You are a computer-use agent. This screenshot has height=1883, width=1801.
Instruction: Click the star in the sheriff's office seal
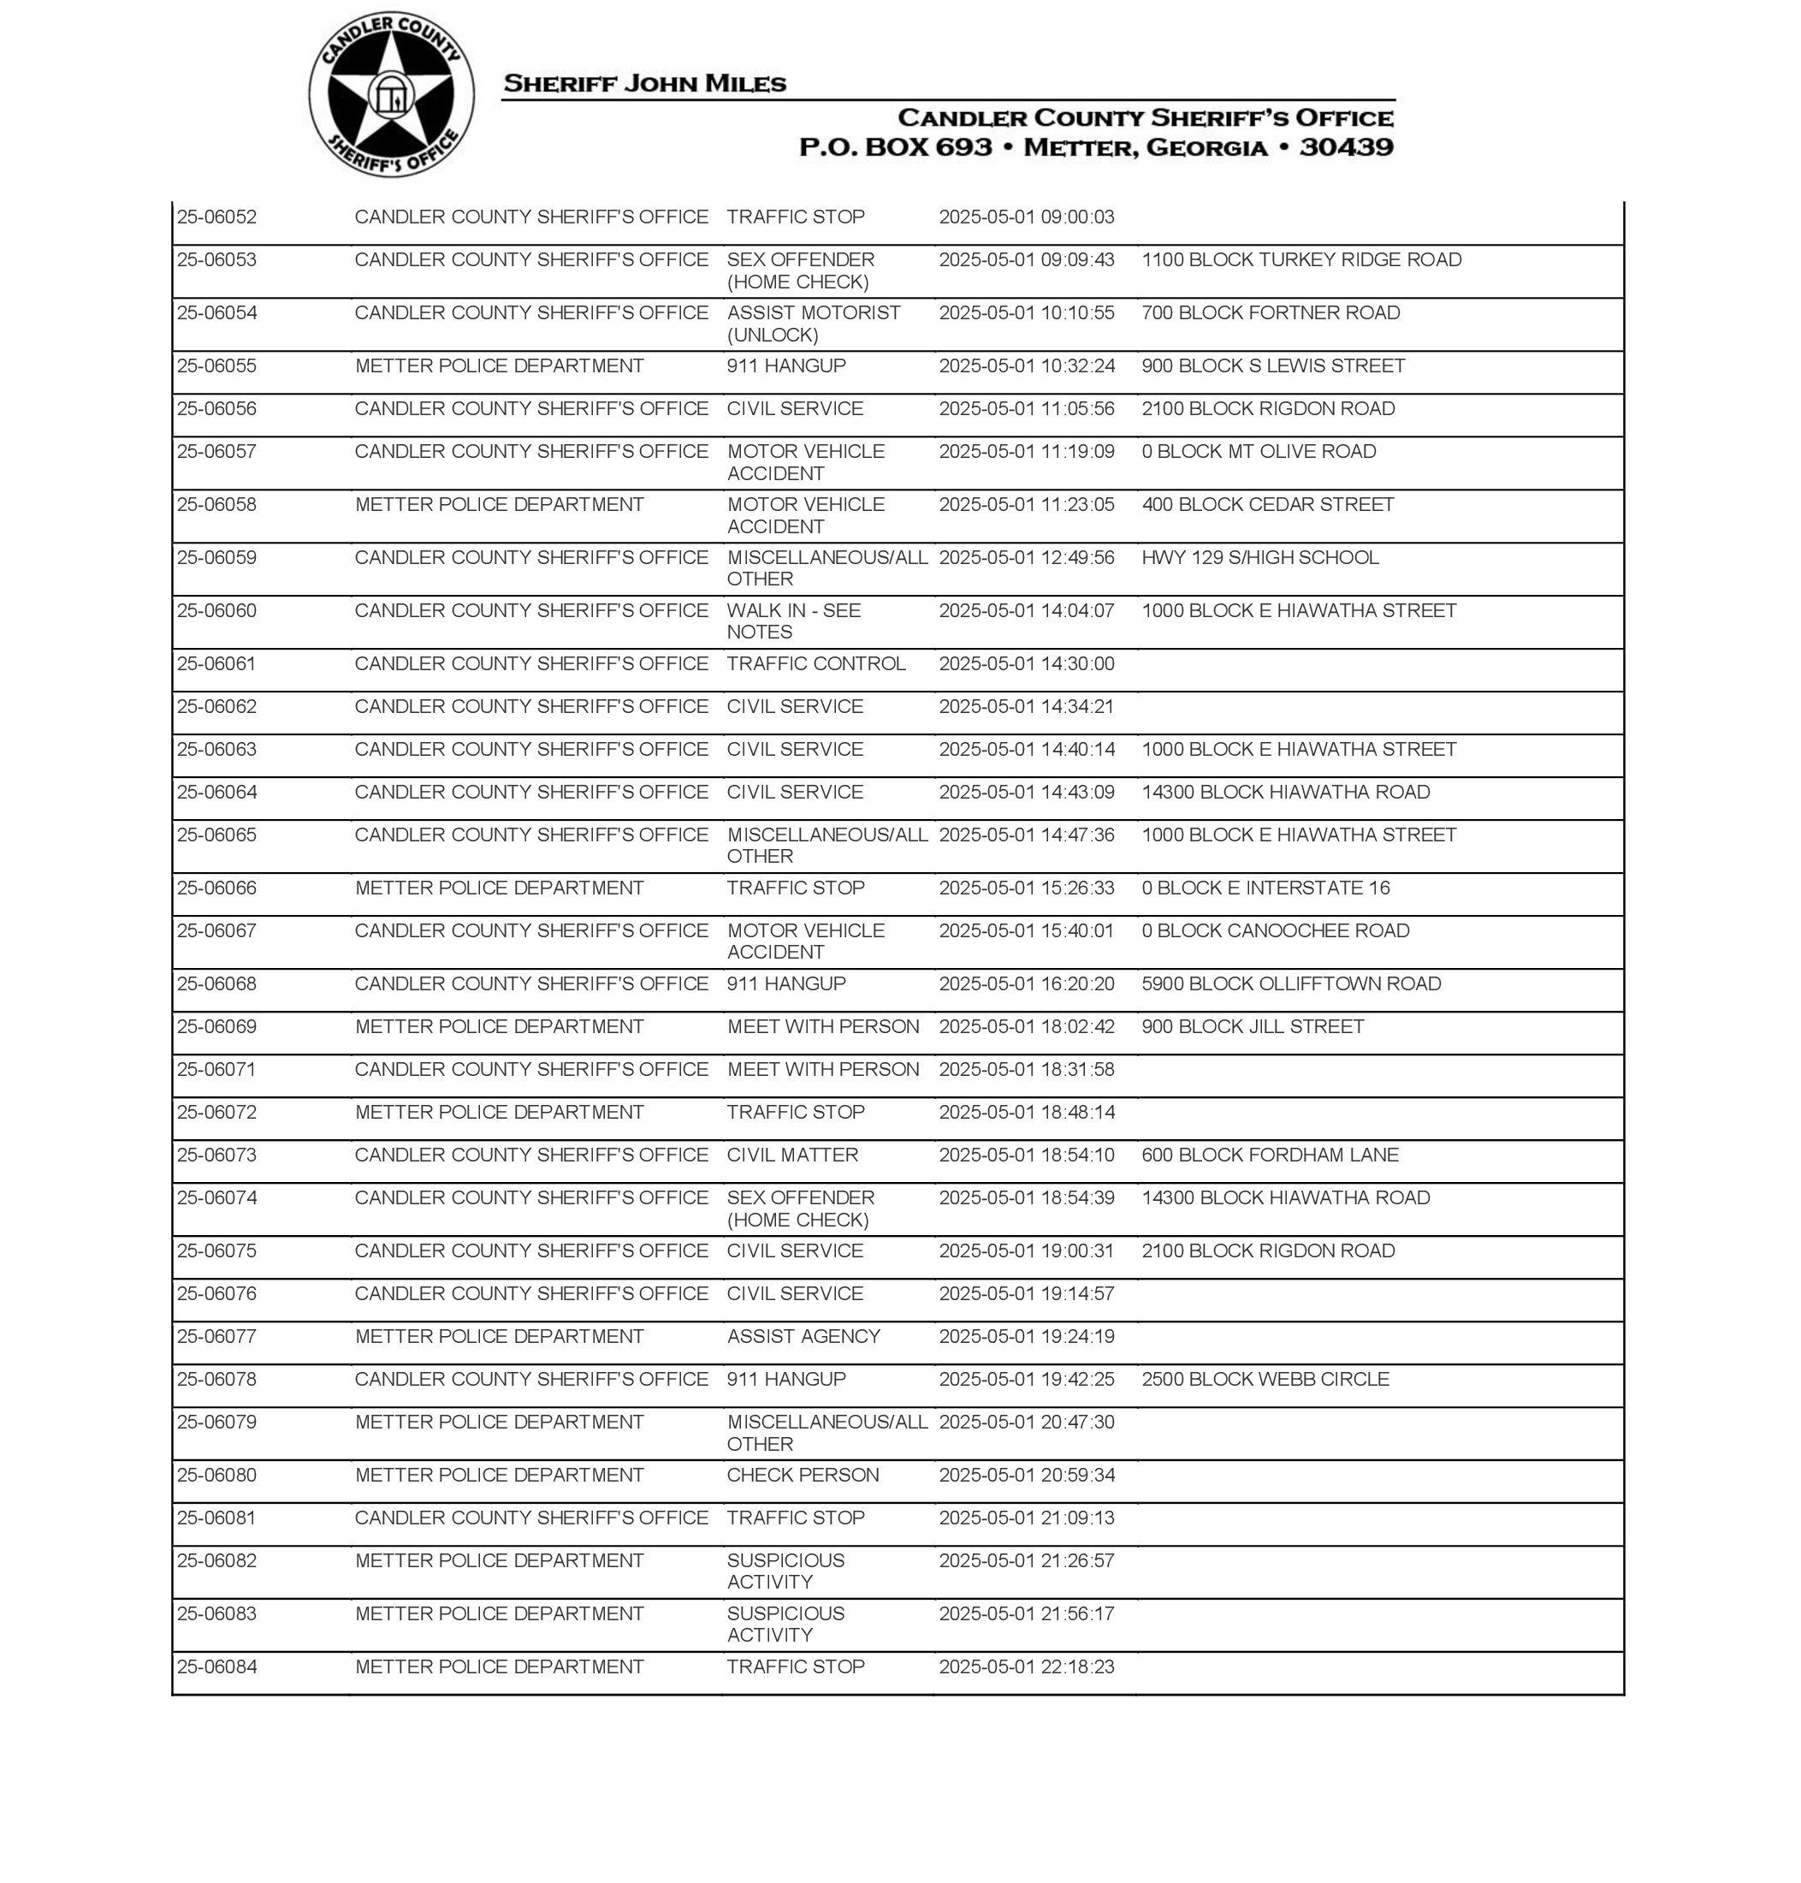[390, 95]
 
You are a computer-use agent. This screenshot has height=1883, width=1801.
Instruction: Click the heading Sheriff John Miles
[644, 84]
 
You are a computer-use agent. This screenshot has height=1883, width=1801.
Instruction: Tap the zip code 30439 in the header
[1346, 147]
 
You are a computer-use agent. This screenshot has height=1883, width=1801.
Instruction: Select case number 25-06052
[217, 217]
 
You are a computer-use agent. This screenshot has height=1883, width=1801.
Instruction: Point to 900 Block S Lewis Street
[1272, 365]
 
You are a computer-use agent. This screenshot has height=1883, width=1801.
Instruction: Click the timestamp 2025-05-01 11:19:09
[1026, 451]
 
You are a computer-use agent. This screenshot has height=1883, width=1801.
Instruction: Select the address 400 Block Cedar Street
[1267, 504]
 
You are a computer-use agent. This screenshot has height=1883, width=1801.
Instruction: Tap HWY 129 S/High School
[1259, 557]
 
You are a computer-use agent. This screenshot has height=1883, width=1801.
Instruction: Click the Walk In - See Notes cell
[793, 621]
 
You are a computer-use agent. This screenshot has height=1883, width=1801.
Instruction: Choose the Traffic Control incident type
[815, 663]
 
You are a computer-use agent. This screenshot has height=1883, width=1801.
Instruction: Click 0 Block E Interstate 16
[1265, 888]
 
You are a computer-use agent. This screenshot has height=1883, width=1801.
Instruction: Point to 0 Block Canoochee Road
[1275, 930]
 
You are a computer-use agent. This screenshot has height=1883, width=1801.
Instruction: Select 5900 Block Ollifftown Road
[1290, 983]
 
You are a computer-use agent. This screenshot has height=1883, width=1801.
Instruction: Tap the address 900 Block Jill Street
[1252, 1026]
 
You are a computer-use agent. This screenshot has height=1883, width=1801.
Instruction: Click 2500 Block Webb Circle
[1265, 1379]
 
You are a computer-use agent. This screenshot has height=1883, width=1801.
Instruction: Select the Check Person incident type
[802, 1475]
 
